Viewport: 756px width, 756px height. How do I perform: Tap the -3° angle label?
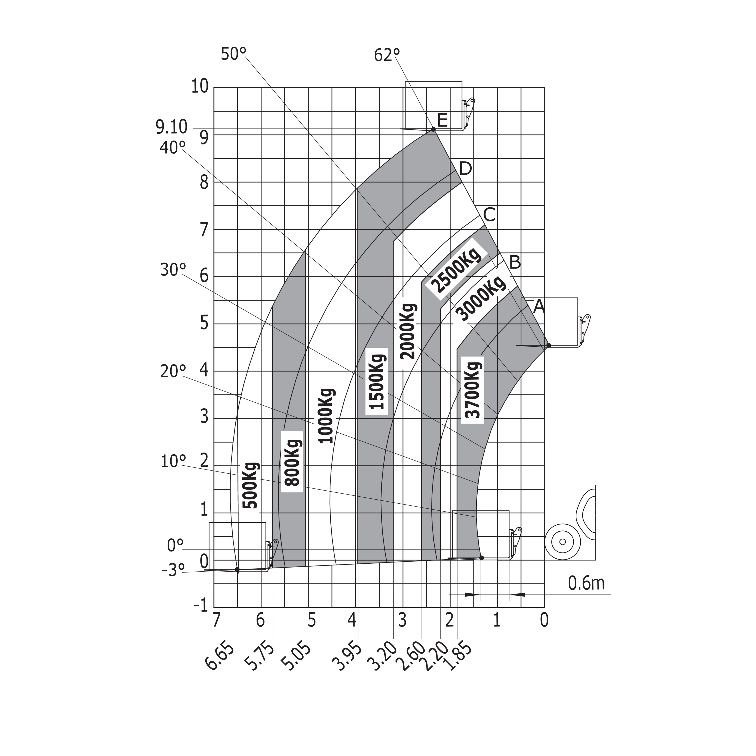(173, 570)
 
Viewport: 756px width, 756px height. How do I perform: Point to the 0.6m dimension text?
(586, 583)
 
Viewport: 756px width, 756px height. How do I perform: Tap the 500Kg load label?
(251, 485)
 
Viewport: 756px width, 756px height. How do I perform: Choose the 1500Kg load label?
(377, 381)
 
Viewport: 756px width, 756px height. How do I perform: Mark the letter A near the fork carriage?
(539, 306)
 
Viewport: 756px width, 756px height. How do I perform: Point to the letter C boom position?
(489, 215)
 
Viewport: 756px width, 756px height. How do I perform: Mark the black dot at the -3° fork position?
(237, 569)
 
